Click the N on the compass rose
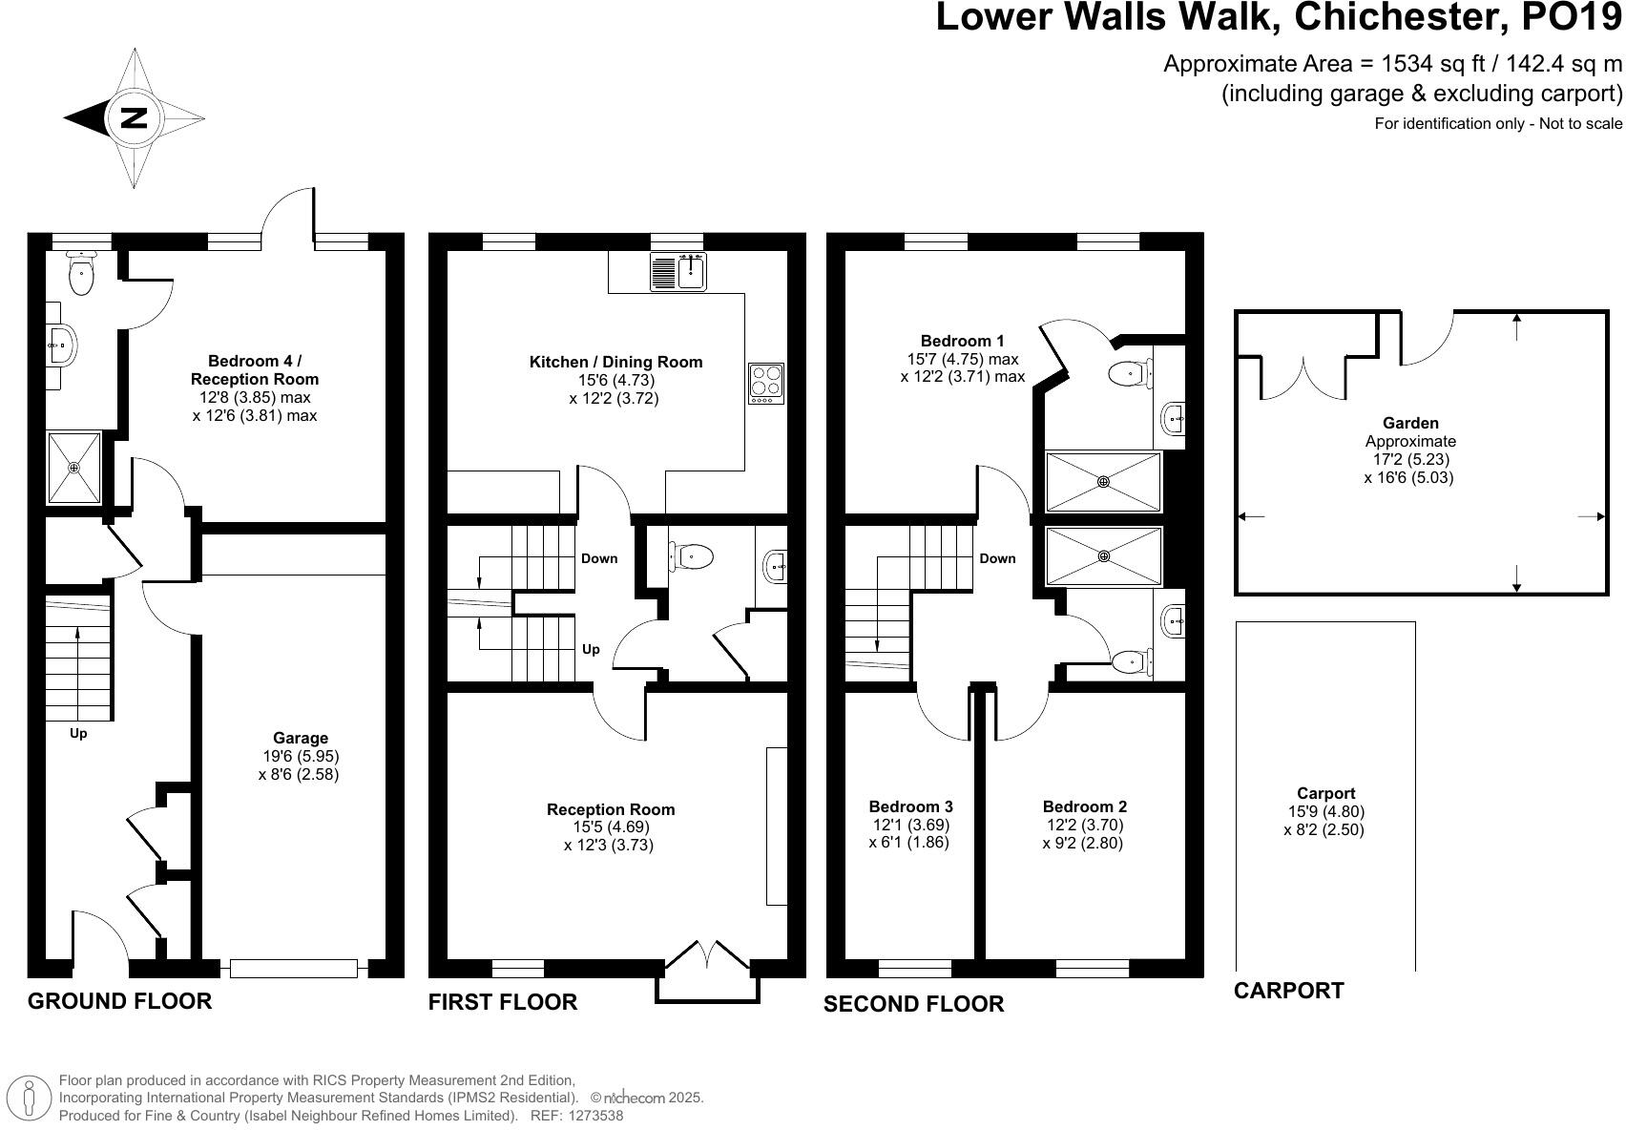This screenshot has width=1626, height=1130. pyautogui.click(x=135, y=118)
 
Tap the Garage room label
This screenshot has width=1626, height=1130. pyautogui.click(x=300, y=738)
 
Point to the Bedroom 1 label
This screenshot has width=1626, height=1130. pyautogui.click(x=962, y=341)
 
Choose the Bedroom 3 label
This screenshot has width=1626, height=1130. pyautogui.click(x=910, y=806)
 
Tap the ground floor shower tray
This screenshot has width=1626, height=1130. pyautogui.click(x=74, y=468)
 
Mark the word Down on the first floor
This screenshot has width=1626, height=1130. pyautogui.click(x=599, y=558)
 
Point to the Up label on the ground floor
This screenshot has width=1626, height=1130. pyautogui.click(x=78, y=734)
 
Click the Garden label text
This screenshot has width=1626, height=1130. pyautogui.click(x=1409, y=423)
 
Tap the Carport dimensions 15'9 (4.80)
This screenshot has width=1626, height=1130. pyautogui.click(x=1325, y=812)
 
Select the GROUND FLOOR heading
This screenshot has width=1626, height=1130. pyautogui.click(x=119, y=1001)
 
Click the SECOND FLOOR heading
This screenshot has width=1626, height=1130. pyautogui.click(x=913, y=1004)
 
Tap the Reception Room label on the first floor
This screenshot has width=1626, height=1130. pyautogui.click(x=610, y=809)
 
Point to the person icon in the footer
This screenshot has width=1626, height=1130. pyautogui.click(x=31, y=1098)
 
